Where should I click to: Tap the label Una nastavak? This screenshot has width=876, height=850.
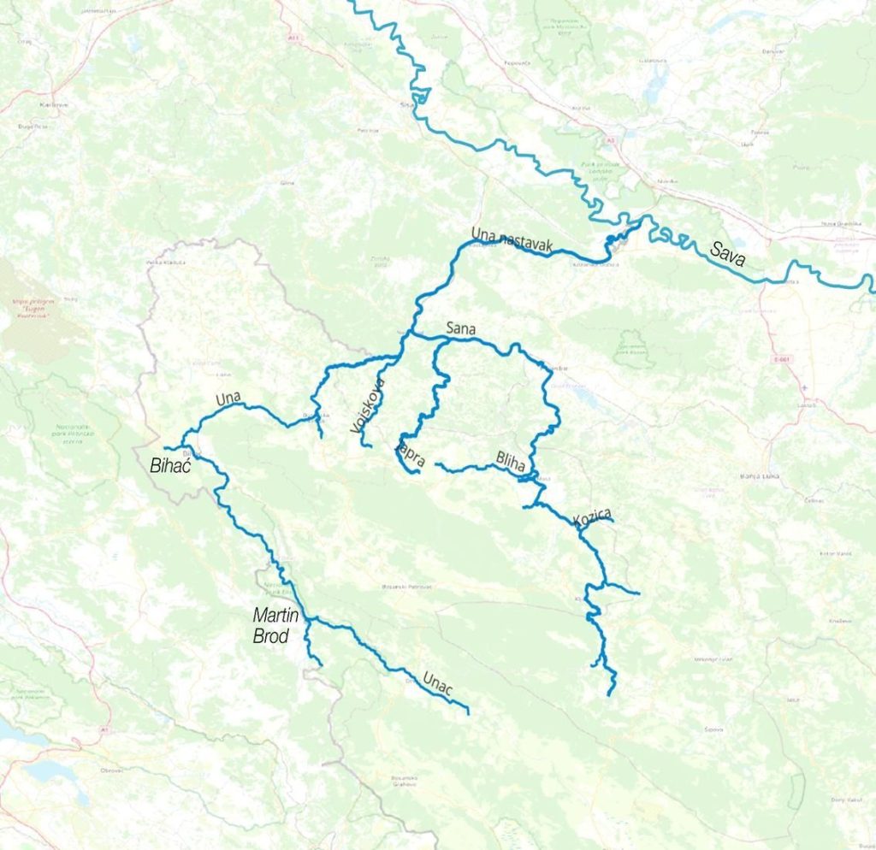pos(512,240)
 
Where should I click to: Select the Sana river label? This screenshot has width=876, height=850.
pos(460,328)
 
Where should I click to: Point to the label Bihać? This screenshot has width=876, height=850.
pos(174,468)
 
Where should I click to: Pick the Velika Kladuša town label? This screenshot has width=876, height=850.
pos(165,262)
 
